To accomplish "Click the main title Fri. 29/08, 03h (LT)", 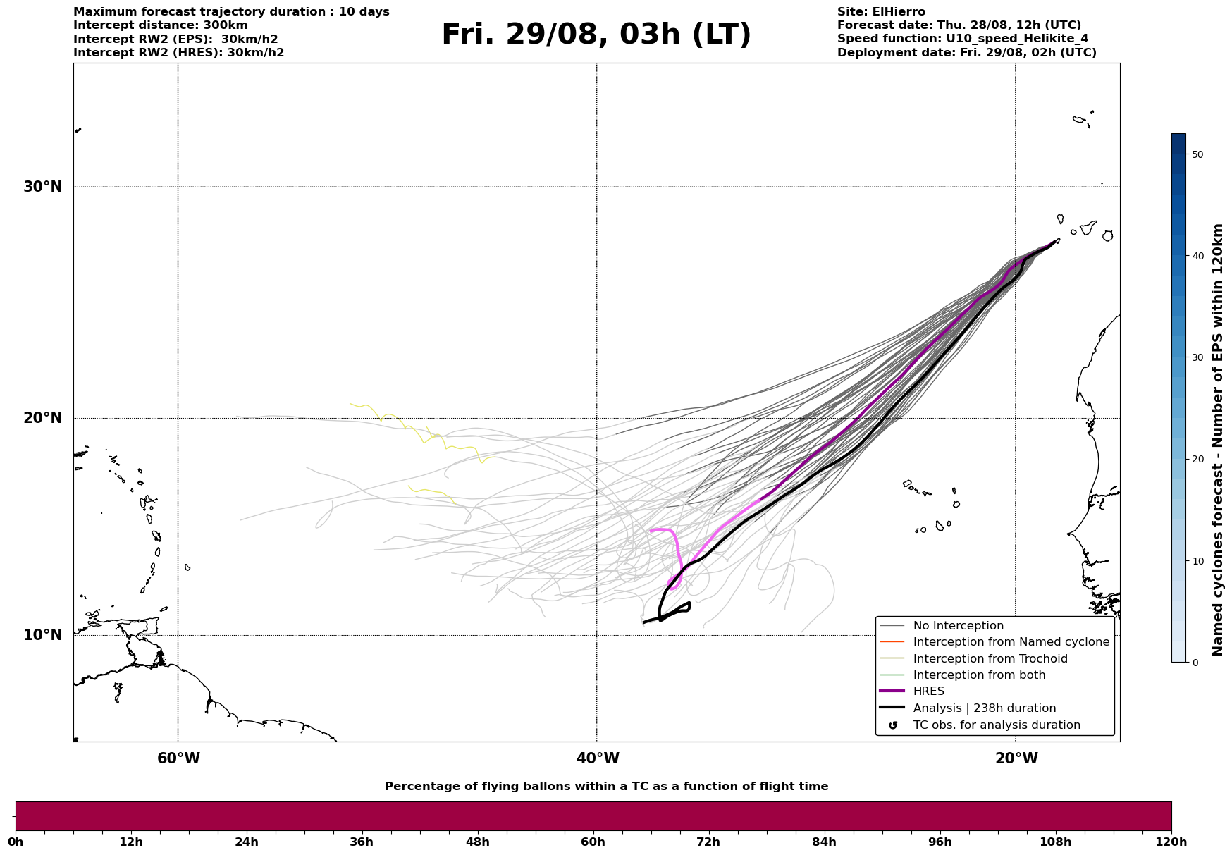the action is pos(596,35).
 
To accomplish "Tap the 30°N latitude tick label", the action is pos(42,187).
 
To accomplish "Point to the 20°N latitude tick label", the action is pos(42,418).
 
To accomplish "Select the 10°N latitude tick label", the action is pos(42,635).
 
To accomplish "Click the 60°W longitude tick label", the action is pos(178,758).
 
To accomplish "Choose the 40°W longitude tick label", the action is pos(598,758).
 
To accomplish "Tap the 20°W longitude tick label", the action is pos(1016,758).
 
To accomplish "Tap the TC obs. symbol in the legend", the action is pos(893,725).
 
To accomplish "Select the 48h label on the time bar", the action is pos(477,842).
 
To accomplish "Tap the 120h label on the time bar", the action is pos(1171,842).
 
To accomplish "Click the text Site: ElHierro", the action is pos(881,12).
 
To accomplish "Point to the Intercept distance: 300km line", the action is pos(161,25).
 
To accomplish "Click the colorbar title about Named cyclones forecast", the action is pos(1217,440).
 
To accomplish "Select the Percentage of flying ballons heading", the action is pos(606,787).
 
